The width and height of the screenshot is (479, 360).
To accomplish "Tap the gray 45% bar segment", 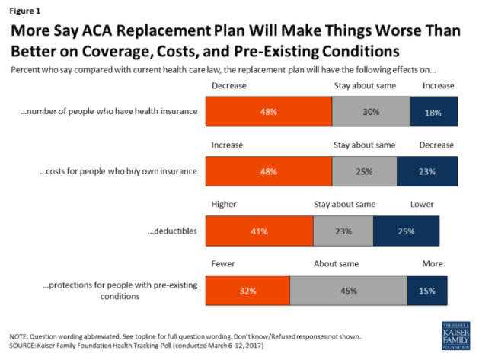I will tap(348, 290).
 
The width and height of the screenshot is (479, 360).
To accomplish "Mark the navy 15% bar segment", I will tap(427, 290).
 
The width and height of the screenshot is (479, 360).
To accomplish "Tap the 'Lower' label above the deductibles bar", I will tap(421, 203).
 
